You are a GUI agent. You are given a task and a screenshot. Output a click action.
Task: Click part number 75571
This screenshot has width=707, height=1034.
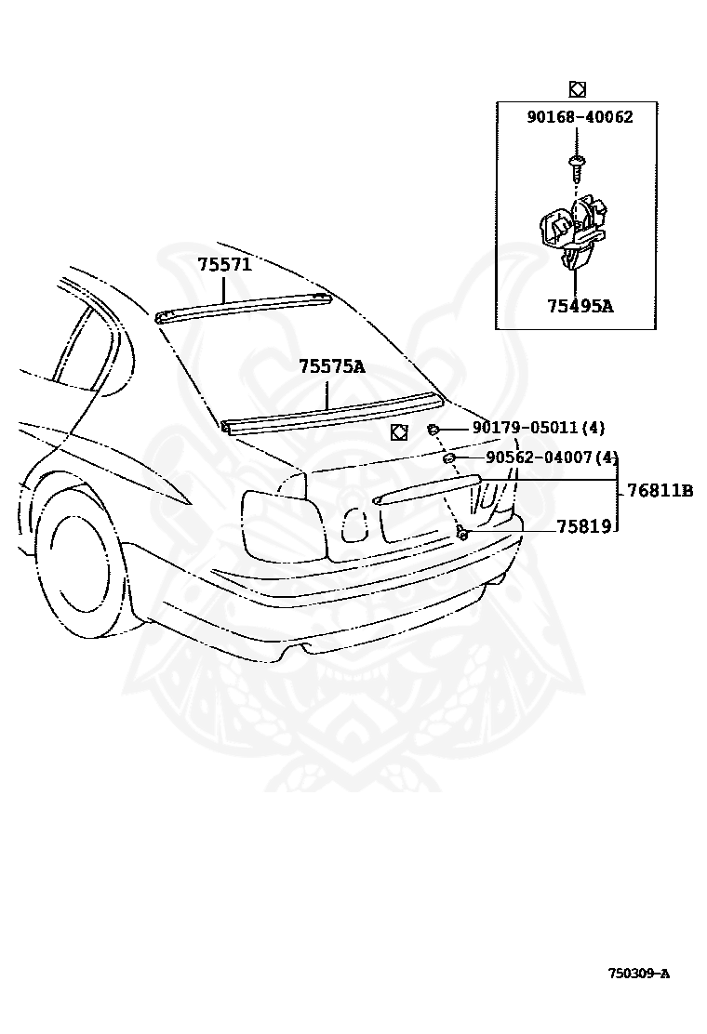click(x=224, y=265)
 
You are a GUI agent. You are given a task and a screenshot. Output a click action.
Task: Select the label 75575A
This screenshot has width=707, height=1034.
click(x=332, y=367)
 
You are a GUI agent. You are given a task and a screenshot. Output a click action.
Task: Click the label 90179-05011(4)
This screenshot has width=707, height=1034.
click(x=539, y=428)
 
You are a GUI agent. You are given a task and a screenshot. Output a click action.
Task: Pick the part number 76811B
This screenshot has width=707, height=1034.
click(x=660, y=491)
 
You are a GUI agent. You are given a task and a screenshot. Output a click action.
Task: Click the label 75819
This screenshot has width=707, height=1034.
click(x=583, y=526)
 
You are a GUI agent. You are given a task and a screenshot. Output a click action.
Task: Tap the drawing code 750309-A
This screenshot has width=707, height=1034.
click(x=638, y=974)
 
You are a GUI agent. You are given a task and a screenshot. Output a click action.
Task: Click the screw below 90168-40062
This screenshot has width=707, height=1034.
click(x=576, y=168)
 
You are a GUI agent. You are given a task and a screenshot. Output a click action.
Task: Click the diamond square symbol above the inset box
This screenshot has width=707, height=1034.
click(x=576, y=89)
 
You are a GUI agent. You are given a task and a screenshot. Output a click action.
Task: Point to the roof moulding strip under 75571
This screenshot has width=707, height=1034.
click(x=244, y=306)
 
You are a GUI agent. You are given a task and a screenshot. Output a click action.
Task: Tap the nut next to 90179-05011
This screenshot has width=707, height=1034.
click(x=434, y=429)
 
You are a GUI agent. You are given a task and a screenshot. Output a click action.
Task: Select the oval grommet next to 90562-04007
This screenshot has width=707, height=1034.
click(x=447, y=458)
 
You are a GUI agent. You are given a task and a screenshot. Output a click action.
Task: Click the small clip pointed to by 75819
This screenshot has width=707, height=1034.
click(x=461, y=532)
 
